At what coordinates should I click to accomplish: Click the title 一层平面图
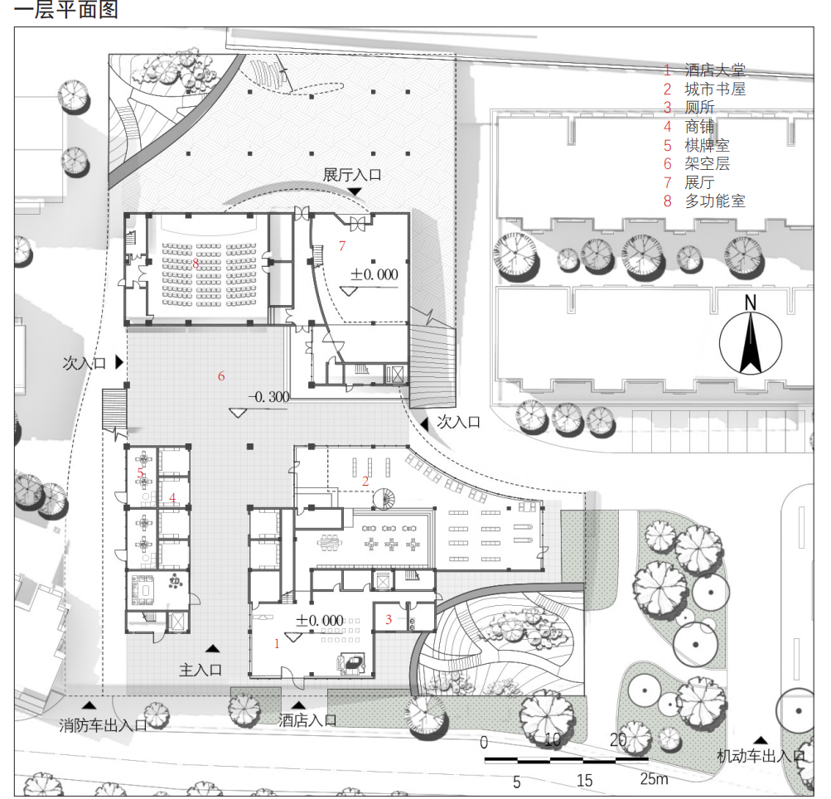[x=65, y=10]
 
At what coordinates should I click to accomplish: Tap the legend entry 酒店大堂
[x=714, y=70]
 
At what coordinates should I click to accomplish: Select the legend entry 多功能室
[x=714, y=201]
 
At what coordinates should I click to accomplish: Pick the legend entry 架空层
[x=707, y=163]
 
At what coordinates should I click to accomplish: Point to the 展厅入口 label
[x=352, y=174]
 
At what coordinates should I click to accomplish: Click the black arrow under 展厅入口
[x=355, y=191]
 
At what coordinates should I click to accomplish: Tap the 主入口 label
[x=201, y=670]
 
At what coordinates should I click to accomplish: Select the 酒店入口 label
[x=307, y=719]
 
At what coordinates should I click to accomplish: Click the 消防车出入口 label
[x=103, y=724]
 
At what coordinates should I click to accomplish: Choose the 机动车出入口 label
[x=761, y=756]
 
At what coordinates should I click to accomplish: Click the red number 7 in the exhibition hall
[x=342, y=246]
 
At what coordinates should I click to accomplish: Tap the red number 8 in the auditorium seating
[x=196, y=263]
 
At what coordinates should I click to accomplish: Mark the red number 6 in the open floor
[x=221, y=376]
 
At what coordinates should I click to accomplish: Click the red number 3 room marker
[x=389, y=619]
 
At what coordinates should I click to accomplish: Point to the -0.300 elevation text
[x=269, y=396]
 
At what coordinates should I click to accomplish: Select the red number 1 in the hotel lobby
[x=277, y=644]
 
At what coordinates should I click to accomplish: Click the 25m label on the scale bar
[x=654, y=779]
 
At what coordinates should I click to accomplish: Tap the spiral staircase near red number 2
[x=384, y=498]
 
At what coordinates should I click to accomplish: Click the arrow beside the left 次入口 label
[x=119, y=362]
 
